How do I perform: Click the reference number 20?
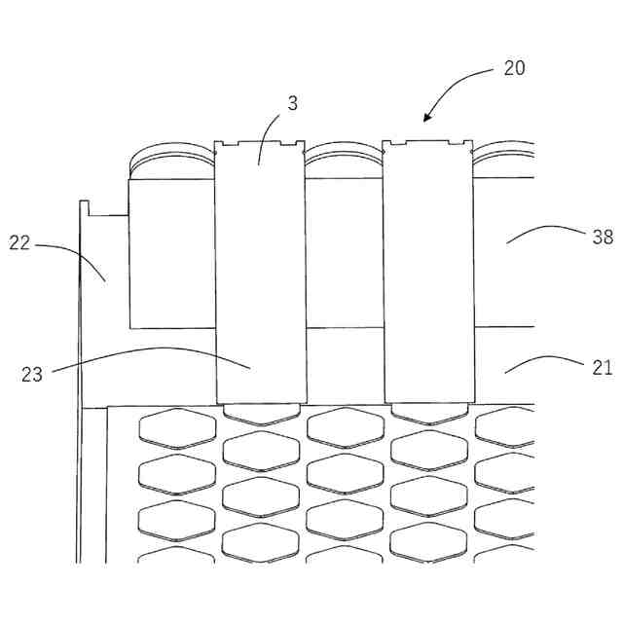(514, 68)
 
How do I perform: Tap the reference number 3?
(292, 102)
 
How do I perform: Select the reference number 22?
(20, 242)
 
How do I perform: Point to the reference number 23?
(32, 374)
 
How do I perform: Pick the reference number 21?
(603, 367)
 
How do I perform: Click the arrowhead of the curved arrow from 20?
(426, 119)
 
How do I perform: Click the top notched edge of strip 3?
(260, 144)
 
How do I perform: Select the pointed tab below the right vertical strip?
(429, 413)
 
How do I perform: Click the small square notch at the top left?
(85, 206)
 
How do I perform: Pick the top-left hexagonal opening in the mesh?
(177, 428)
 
